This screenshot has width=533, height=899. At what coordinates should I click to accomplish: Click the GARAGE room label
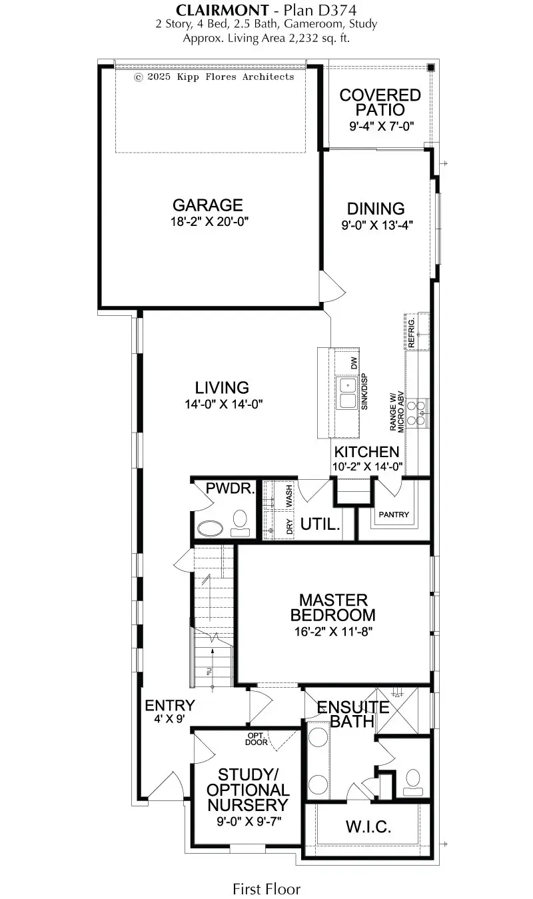pos(207,206)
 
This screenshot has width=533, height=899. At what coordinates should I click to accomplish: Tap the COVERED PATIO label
pos(380,103)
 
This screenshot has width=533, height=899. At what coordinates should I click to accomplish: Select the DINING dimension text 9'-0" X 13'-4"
pos(377,225)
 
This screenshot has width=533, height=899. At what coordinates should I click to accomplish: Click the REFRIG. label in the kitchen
pos(412,331)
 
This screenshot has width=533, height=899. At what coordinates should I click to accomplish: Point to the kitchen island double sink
pos(348,393)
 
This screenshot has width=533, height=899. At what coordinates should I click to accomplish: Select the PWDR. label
pos(230,488)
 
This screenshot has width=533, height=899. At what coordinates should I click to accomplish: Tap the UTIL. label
pos(320,524)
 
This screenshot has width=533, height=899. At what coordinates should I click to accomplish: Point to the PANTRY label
pos(394,515)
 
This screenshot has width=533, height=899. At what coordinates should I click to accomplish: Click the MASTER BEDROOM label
pos(333,607)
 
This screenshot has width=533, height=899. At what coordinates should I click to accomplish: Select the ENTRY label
pos(170,706)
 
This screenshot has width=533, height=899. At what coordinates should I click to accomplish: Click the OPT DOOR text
pos(256,738)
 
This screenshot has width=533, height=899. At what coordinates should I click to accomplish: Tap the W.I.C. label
pos(368,828)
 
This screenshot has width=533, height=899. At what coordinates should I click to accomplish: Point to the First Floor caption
pos(266,888)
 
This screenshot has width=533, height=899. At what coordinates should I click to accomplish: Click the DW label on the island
pos(354,363)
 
